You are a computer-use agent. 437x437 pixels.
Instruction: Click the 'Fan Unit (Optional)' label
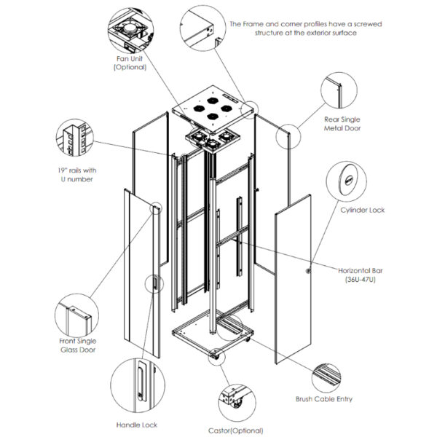(130, 62)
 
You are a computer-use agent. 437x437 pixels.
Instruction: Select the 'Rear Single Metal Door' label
(342, 123)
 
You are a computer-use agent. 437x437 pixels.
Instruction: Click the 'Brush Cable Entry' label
(323, 399)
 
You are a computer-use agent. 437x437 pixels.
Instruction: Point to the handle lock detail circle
(135, 382)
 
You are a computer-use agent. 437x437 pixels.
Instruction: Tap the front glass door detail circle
(76, 314)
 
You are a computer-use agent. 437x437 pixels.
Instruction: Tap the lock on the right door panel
(307, 272)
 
